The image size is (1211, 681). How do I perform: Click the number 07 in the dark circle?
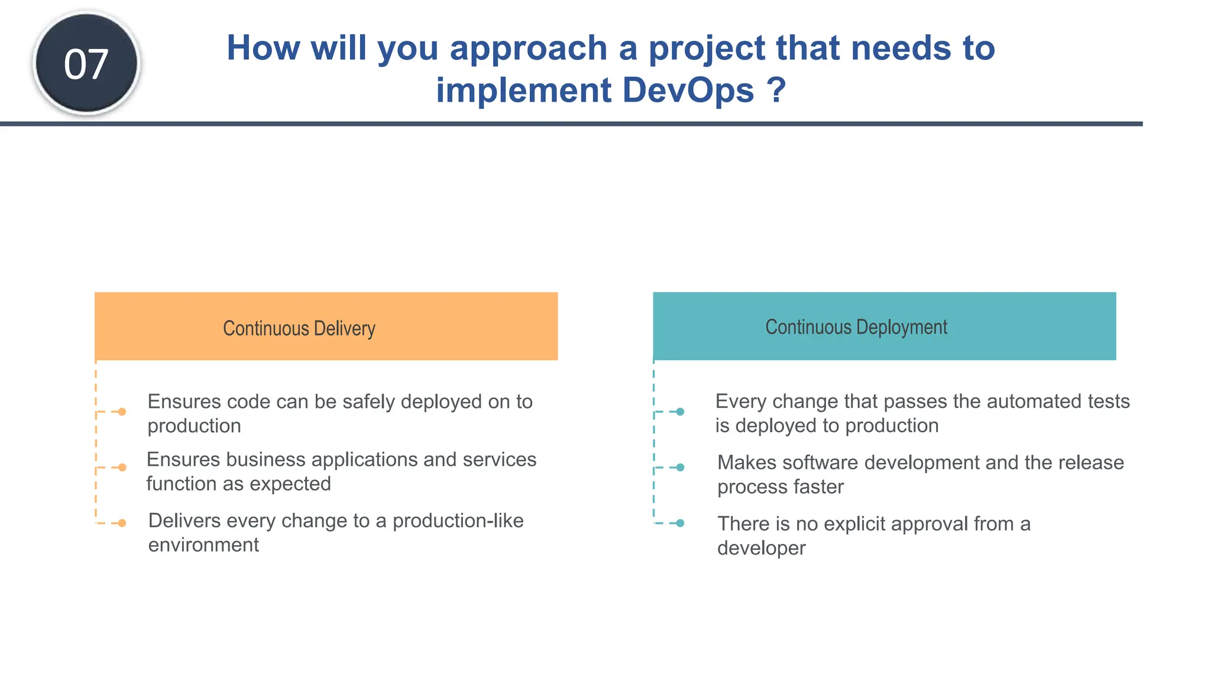(x=86, y=64)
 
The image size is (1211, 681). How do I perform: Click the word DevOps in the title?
(x=688, y=90)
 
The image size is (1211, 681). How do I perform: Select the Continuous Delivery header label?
(x=299, y=328)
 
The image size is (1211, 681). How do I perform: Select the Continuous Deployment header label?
(x=856, y=327)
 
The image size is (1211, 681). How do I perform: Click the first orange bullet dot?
(x=122, y=411)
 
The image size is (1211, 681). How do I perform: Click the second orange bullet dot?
(x=122, y=468)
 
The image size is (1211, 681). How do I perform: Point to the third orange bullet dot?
(x=122, y=523)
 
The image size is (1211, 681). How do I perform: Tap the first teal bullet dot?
(x=680, y=411)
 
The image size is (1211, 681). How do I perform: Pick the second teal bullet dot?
(x=680, y=468)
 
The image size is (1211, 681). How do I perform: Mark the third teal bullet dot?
(x=680, y=523)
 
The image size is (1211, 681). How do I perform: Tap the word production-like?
(x=458, y=521)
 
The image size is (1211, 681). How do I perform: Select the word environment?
(x=203, y=545)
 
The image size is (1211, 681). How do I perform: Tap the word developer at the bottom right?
(x=761, y=549)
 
